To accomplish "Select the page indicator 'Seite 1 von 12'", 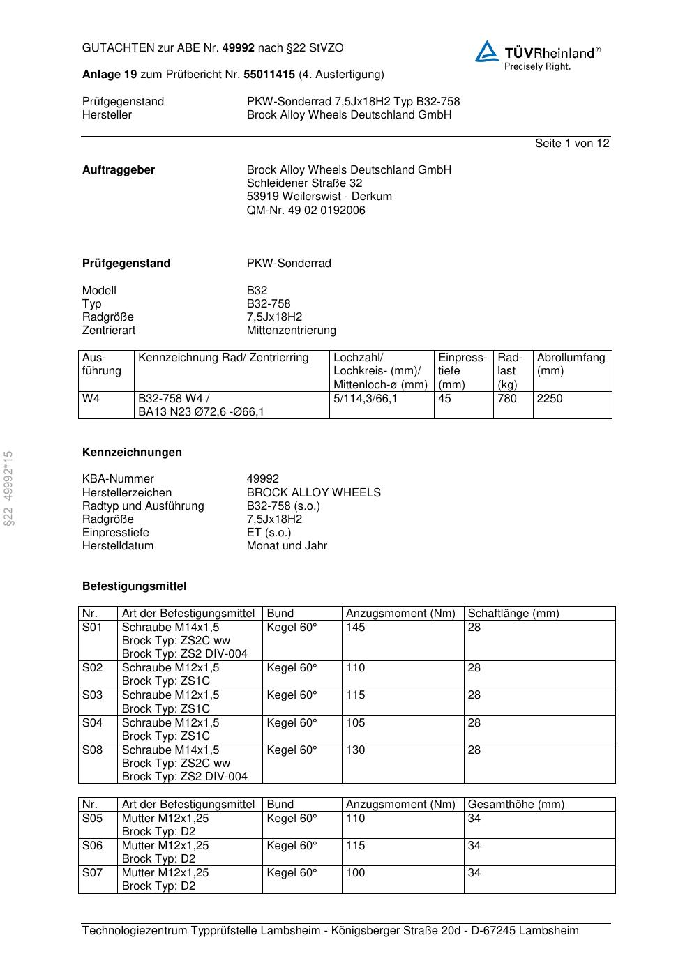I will point(572,144).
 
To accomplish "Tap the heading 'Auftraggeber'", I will point(119,170).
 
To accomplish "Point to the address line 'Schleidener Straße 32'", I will point(304,183).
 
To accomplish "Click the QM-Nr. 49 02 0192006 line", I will point(306,211).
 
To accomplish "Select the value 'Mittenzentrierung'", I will point(291,331).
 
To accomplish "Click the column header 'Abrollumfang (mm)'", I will point(571,364).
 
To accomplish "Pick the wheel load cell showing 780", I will point(507,399).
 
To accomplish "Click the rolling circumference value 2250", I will point(549,399).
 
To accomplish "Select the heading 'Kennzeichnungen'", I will point(132,453).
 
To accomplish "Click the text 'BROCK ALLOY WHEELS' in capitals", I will point(313,493).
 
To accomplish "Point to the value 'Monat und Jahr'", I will point(287,546).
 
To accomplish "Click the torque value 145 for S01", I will point(355,628).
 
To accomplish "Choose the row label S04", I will point(92,723).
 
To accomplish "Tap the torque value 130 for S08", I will point(355,750).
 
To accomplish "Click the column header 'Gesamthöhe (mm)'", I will point(516,805).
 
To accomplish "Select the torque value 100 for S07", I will point(355,873).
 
